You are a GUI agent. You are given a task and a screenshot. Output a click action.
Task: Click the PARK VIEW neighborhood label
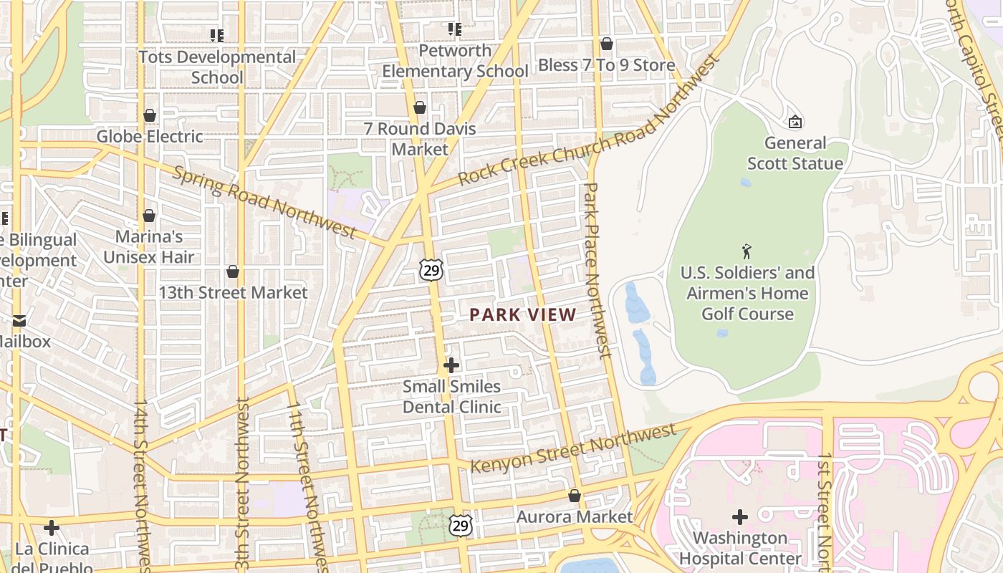click(523, 314)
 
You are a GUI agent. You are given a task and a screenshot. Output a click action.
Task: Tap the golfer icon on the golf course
click(747, 251)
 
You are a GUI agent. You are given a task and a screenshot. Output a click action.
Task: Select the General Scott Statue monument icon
click(795, 122)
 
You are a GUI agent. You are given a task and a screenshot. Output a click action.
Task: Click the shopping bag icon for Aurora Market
click(574, 496)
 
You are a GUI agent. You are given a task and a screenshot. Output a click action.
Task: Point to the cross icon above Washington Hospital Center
click(740, 516)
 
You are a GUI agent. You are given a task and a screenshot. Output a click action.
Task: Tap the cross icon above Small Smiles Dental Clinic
click(451, 365)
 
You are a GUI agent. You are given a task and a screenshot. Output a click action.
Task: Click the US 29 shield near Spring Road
click(431, 270)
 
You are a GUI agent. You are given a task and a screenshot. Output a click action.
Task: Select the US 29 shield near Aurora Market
click(461, 525)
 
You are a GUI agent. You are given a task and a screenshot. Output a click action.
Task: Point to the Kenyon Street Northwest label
click(573, 448)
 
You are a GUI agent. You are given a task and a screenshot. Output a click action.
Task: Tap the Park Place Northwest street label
click(598, 270)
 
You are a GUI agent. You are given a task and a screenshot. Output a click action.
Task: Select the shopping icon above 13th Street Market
click(233, 271)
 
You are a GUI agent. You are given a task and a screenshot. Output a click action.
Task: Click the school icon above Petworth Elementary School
click(454, 29)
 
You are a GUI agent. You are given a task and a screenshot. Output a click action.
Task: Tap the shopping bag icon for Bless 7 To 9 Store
click(606, 44)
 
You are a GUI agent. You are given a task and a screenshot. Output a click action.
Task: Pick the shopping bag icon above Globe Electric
click(150, 115)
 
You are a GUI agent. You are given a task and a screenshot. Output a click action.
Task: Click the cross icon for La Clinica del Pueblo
click(52, 528)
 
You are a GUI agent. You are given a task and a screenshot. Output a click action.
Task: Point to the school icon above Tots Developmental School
click(216, 35)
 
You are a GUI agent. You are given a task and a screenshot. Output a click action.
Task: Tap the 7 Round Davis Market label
click(420, 139)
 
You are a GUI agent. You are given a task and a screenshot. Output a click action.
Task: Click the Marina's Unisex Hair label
click(149, 246)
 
